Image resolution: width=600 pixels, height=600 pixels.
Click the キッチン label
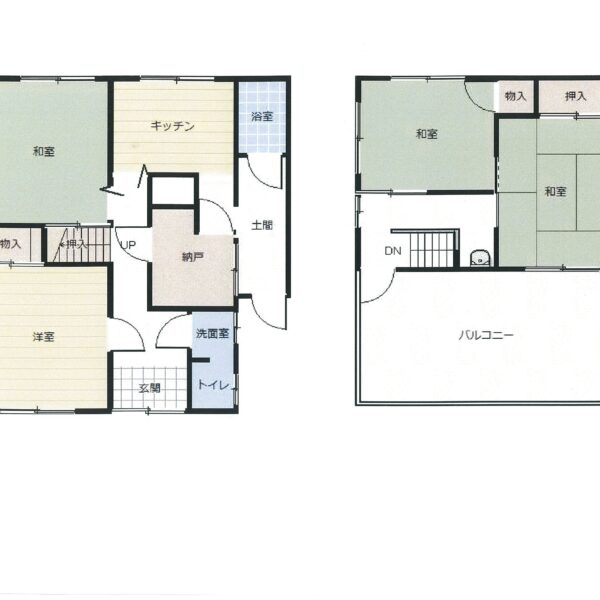point(173,126)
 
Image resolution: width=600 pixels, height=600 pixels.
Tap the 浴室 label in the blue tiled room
point(262,116)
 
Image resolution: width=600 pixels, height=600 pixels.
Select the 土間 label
point(262,225)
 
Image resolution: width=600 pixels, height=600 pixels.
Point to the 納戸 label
point(192,257)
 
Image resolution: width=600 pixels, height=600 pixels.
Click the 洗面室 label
point(212,333)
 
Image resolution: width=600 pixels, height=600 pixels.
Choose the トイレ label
point(213,385)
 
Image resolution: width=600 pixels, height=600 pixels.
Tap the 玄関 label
point(149,388)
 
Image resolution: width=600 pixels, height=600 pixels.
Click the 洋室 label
point(44,337)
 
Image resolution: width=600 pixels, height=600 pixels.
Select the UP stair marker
point(128,245)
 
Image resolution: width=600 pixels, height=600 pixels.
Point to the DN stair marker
point(393,251)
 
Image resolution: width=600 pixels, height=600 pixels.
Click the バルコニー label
point(486,336)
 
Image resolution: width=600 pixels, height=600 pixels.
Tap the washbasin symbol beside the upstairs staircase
point(479,258)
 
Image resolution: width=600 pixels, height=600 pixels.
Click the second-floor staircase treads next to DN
point(432,250)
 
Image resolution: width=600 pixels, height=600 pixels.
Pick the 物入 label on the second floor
point(515,96)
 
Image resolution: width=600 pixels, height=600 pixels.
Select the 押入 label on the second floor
point(576,96)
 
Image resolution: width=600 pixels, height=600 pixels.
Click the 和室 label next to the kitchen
point(44,152)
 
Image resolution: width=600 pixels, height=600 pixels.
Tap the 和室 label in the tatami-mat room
point(555,191)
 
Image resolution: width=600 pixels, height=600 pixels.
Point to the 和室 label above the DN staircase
point(427,134)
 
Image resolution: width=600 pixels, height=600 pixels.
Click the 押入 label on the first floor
point(77,244)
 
